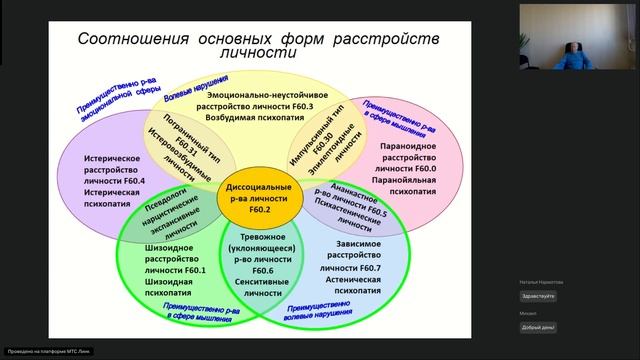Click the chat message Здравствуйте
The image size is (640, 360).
click(538, 296)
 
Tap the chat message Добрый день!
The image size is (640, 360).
click(538, 327)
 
